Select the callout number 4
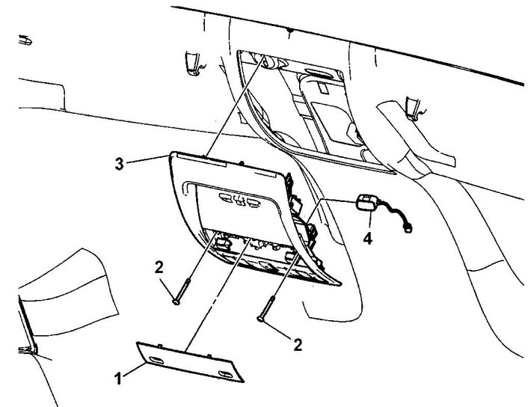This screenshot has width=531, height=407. [366, 239]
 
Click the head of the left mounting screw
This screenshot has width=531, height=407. [177, 301]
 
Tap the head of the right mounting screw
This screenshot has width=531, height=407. [260, 319]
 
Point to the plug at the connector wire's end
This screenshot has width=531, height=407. [408, 225]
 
